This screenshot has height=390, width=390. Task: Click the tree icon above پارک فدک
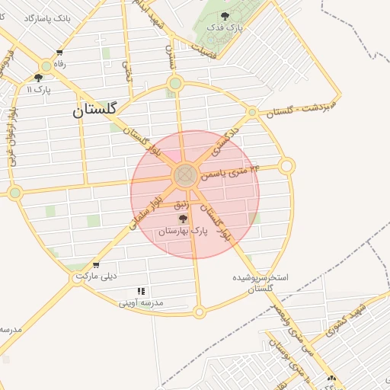[224, 15]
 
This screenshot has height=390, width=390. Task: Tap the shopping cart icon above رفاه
[59, 53]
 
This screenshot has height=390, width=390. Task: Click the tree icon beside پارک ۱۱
[38, 78]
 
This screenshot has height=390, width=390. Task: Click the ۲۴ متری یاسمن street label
[229, 173]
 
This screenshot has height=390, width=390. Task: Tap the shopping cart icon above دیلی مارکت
[95, 266]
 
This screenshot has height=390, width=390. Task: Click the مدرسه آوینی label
[141, 302]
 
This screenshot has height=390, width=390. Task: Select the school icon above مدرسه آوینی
[141, 291]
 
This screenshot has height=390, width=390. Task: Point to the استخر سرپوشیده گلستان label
[261, 283]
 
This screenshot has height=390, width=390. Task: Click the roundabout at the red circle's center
[184, 177]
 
